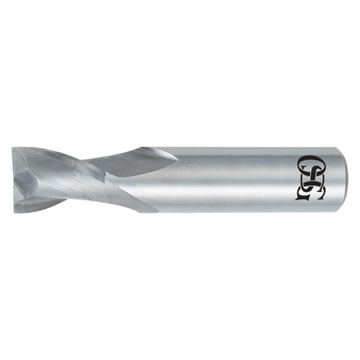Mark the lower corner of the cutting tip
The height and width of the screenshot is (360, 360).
[16, 208]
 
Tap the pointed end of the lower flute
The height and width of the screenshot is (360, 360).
[154, 211]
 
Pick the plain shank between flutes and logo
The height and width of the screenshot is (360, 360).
[230, 180]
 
